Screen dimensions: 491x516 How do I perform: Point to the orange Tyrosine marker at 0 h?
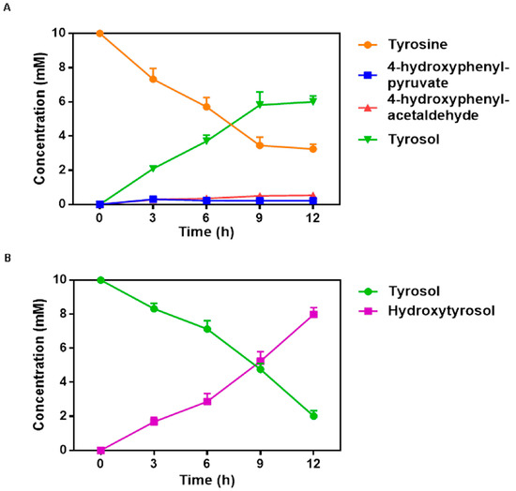pyautogui.click(x=99, y=33)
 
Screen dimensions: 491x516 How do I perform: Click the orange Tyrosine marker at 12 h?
pyautogui.click(x=312, y=149)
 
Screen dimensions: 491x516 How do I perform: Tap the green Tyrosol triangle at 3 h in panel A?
pyautogui.click(x=153, y=169)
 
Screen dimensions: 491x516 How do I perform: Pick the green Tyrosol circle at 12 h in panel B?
pyautogui.click(x=312, y=415)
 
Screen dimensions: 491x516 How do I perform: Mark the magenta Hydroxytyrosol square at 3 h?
pyautogui.click(x=153, y=421)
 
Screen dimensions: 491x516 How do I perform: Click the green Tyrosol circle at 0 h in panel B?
pyautogui.click(x=99, y=279)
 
